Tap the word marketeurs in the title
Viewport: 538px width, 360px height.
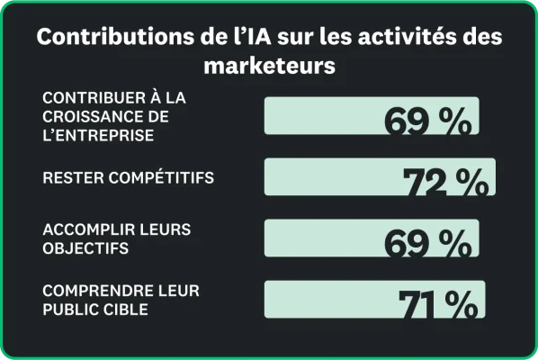click(x=269, y=66)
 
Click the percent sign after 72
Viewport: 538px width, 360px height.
click(x=471, y=182)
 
